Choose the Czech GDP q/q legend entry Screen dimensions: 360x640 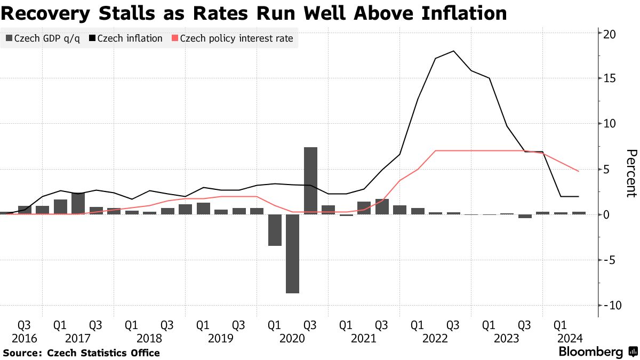point(43,38)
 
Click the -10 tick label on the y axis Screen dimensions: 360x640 point(610,306)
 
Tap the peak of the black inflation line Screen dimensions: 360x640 point(453,51)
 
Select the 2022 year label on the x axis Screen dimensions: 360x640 point(435,338)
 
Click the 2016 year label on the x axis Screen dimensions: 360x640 point(25,338)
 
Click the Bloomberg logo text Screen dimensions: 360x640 point(590,352)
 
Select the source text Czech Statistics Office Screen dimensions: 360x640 point(103,353)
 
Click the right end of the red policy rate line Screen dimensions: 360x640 point(579,171)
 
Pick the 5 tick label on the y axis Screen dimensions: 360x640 point(606,170)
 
